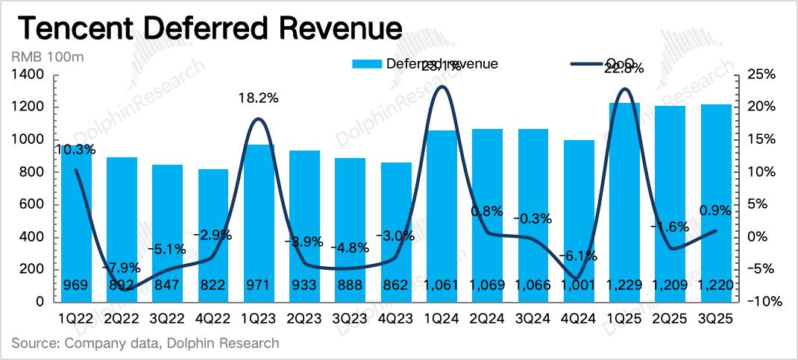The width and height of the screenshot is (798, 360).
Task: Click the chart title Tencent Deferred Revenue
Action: coord(210,29)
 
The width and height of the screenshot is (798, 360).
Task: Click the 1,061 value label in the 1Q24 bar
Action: coord(443,285)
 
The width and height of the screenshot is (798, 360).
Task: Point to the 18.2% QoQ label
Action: coord(258,98)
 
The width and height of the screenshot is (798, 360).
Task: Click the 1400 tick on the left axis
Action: coord(29,75)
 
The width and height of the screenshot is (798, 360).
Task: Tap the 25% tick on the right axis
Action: coord(761,75)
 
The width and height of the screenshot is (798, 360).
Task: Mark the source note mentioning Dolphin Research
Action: coord(145,344)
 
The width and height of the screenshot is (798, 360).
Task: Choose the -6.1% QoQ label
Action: coord(578,256)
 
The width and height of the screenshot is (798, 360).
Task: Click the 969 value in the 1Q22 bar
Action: coord(77,285)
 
